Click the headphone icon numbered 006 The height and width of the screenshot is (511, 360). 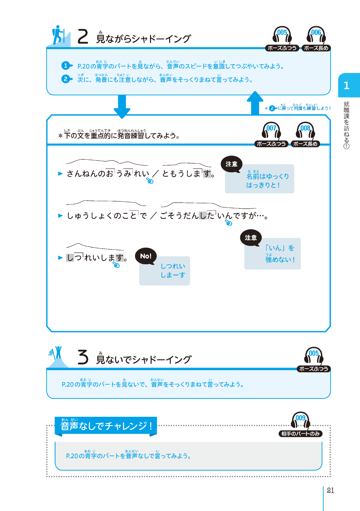(x=316, y=35)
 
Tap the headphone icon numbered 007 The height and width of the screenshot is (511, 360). (x=271, y=130)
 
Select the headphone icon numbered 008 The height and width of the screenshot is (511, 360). (x=305, y=130)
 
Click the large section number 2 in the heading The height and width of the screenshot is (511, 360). (x=83, y=37)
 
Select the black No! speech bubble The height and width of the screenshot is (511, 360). (x=146, y=256)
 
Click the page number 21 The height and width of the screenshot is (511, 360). (x=330, y=490)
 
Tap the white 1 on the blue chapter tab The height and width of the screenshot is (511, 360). (x=346, y=86)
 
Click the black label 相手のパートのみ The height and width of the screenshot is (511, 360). (x=300, y=434)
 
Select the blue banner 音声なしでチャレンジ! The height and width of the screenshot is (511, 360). (x=106, y=426)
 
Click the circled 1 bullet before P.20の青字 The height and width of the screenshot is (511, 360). (x=66, y=65)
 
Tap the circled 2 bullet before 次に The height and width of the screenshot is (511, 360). (x=66, y=79)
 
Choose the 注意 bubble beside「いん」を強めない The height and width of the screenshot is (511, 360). (x=251, y=238)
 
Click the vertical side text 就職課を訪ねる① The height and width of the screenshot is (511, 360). (x=346, y=125)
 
